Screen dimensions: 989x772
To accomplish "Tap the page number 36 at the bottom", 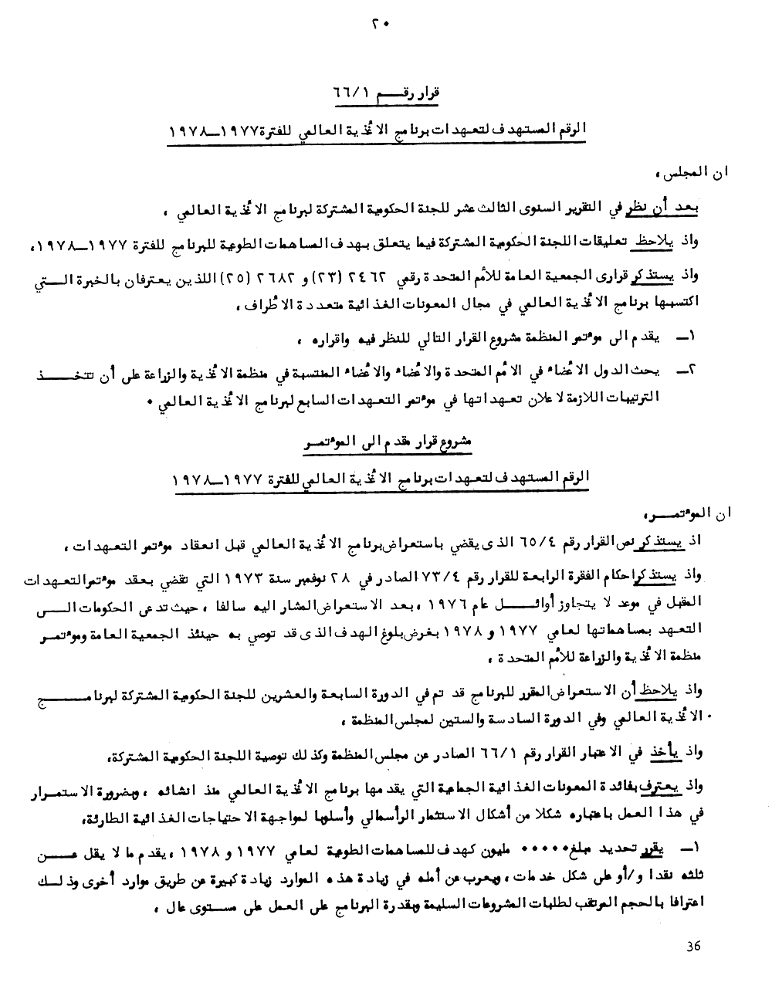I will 692,947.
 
